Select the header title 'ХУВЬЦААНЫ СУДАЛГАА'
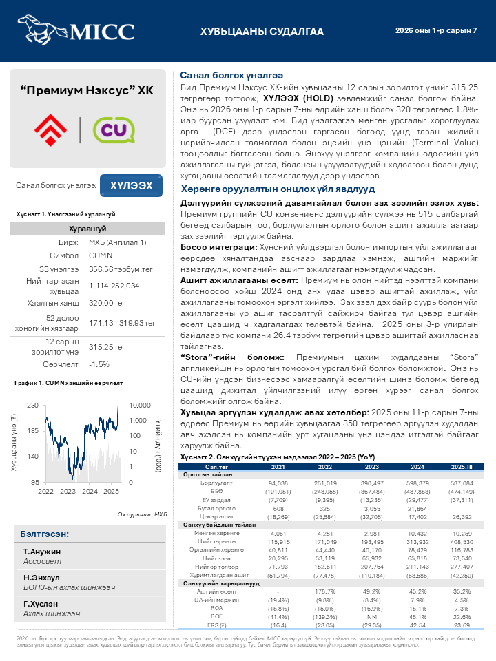point(262,32)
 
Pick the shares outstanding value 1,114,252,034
point(114,286)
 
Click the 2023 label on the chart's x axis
point(68,492)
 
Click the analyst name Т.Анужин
point(42,552)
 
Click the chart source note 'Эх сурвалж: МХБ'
point(142,514)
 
